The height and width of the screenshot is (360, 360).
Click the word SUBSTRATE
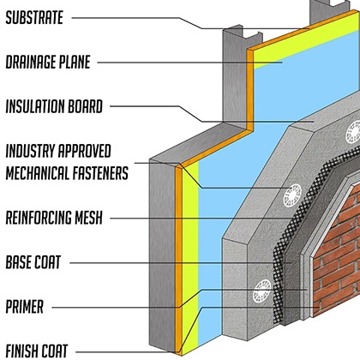point(34,18)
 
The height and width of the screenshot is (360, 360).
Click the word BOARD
point(85,106)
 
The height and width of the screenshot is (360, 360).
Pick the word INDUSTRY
point(30,151)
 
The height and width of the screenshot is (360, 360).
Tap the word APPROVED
point(84,151)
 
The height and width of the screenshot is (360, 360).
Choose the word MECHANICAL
point(38,173)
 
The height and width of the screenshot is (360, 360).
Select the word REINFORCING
point(39,218)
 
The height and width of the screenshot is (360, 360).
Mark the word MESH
point(88,218)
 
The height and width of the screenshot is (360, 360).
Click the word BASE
point(18,262)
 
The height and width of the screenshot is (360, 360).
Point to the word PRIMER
point(25,307)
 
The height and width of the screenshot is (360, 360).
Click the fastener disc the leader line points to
point(292,195)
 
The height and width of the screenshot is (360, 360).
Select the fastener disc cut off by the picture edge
point(353,132)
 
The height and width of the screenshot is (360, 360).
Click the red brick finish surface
point(337,251)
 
